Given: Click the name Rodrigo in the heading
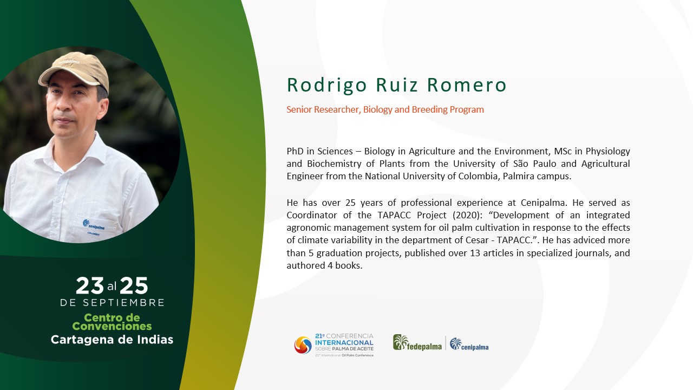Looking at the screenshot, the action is pos(326,85).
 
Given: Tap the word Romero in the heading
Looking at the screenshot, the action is pos(467,85).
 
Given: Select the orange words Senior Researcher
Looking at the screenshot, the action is pos(322,109).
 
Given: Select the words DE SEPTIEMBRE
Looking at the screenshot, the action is pos(112,302).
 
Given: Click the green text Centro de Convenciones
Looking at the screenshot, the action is pos(112,322).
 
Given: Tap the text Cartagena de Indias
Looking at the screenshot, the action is pos(112,340).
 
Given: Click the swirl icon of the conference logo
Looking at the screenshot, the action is pos(303,345).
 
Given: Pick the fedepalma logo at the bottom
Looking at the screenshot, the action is pos(417,343).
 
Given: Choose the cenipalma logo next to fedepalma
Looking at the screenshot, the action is pos(469,344).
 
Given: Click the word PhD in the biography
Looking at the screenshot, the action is pos(295,151).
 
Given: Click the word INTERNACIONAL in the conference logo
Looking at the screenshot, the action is pos(344,343).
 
